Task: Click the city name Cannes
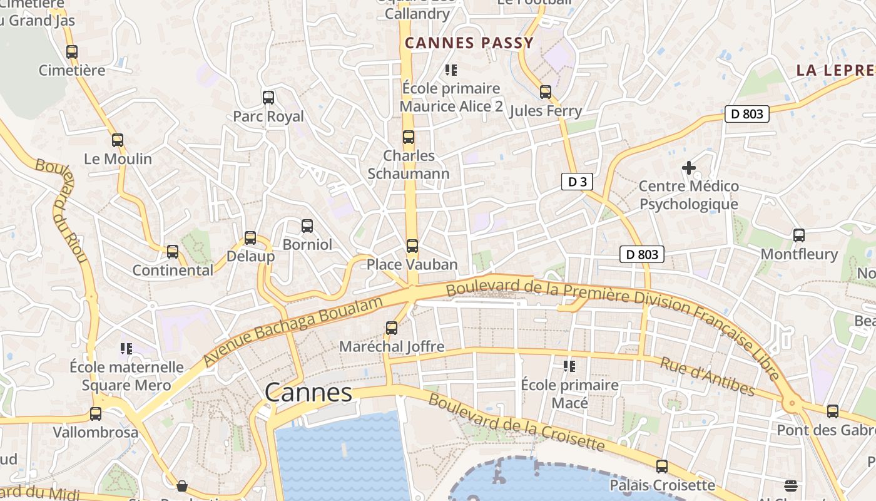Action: click(308, 393)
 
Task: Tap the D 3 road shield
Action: click(577, 182)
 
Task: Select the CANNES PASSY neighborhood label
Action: click(469, 43)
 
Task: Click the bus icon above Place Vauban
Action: click(412, 245)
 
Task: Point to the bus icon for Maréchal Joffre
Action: click(392, 328)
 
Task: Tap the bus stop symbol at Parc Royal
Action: click(268, 97)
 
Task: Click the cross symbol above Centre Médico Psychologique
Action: click(689, 167)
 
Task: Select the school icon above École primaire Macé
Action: click(569, 366)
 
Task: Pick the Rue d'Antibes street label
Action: click(708, 376)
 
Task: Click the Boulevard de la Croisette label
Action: click(516, 423)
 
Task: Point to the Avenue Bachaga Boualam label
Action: click(293, 332)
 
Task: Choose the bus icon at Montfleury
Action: click(799, 235)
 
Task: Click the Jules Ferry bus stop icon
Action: click(546, 92)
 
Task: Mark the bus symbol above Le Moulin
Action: click(118, 140)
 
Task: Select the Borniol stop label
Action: click(307, 244)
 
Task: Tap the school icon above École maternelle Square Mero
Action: click(126, 348)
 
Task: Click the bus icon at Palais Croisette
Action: click(662, 466)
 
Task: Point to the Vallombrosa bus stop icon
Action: click(96, 413)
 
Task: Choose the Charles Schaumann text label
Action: click(409, 164)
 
